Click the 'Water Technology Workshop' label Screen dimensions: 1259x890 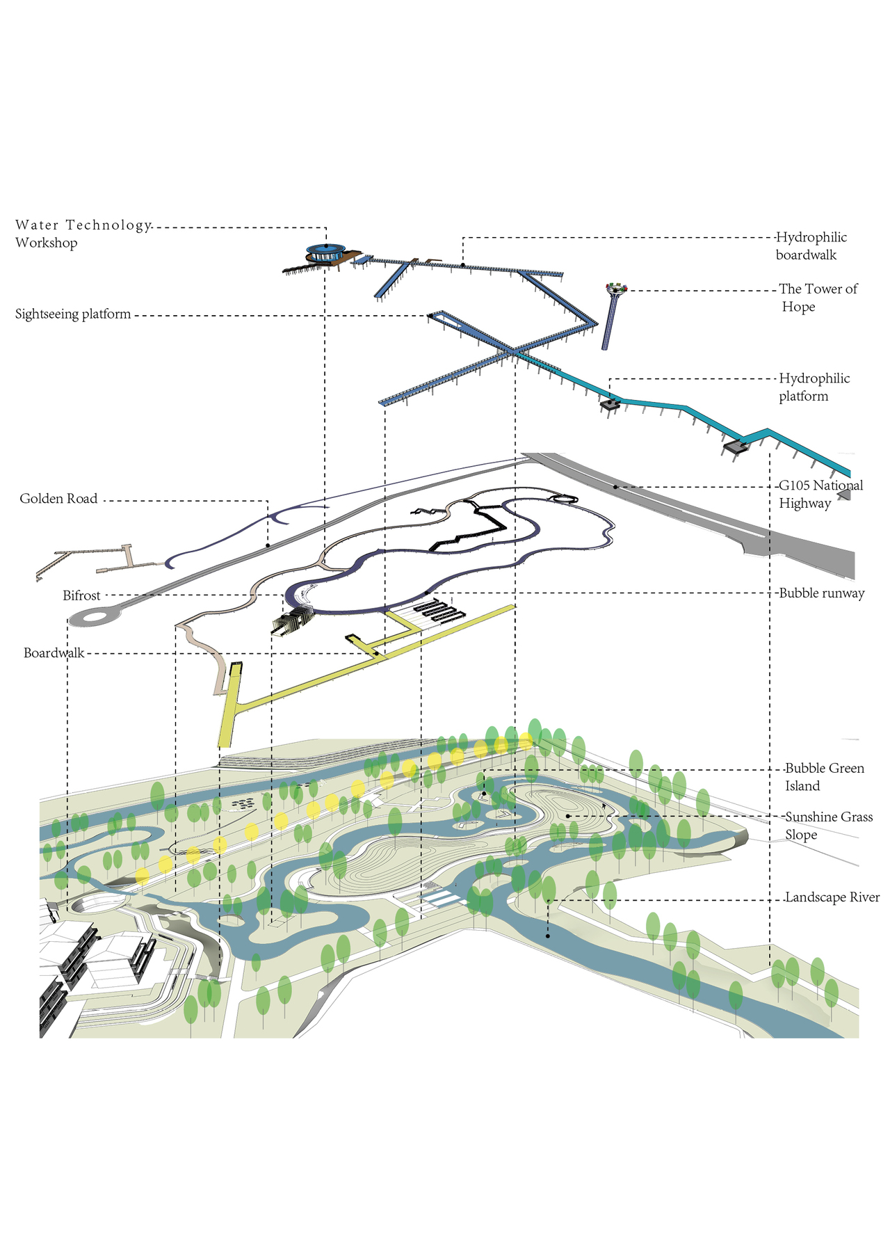(x=83, y=234)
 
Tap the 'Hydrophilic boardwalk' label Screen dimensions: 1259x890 (x=811, y=246)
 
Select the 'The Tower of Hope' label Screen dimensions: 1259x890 (x=818, y=298)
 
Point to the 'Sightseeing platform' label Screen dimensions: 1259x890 (x=73, y=314)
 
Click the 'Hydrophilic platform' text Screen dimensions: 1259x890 (x=814, y=387)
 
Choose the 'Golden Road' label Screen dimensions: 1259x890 (x=58, y=499)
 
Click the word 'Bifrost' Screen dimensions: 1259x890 (x=81, y=595)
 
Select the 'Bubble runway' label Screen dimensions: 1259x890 (x=821, y=593)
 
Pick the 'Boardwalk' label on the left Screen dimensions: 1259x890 (x=54, y=653)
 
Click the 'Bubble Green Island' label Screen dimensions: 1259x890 (x=824, y=777)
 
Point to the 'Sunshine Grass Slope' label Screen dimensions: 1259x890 (x=828, y=826)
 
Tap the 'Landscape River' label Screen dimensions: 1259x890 (x=832, y=897)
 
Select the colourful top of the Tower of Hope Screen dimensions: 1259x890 (x=616, y=287)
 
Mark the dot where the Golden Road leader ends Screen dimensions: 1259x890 (x=268, y=545)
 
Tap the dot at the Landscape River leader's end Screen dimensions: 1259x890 (x=548, y=936)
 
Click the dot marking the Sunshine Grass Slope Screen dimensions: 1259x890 (x=568, y=816)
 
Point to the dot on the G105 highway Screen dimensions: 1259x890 (x=615, y=487)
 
